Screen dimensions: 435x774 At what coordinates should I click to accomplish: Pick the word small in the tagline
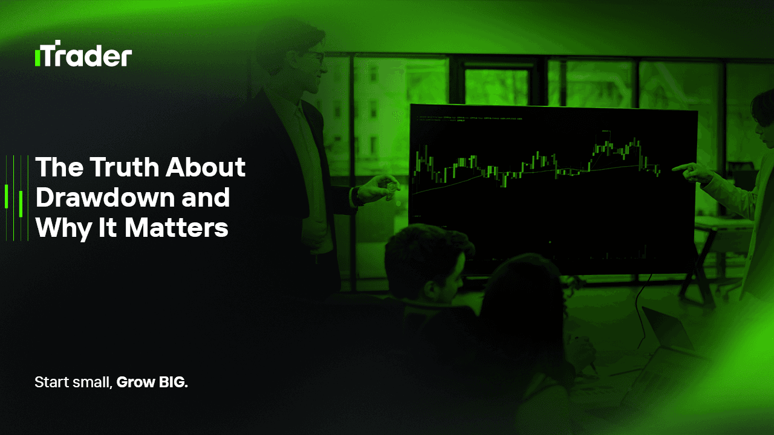click(91, 382)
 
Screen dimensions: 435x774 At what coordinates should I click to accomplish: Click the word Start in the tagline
click(50, 382)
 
